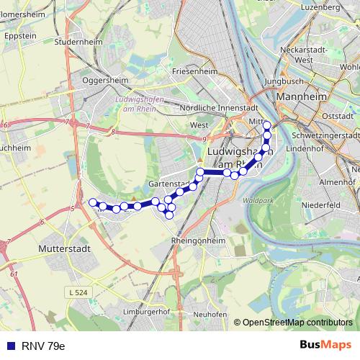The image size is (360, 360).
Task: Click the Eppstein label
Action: click(x=20, y=35)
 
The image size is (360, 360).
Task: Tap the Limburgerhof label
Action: click(x=151, y=311)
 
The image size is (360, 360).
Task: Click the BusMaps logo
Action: click(x=326, y=345)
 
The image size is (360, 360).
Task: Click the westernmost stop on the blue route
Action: click(x=93, y=202)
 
